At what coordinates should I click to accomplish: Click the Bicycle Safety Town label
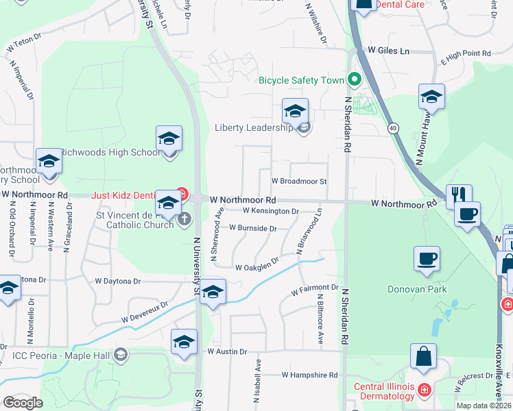coord(300,80)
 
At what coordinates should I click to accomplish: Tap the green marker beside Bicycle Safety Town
coord(355,79)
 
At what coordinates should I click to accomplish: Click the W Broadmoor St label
coord(299,182)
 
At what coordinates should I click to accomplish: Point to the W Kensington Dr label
coord(271,212)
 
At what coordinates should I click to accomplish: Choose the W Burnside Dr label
coord(252,227)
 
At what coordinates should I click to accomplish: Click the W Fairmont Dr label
coord(315,290)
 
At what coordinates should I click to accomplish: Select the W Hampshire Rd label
coord(310,375)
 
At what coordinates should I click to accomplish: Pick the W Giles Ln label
coord(388,51)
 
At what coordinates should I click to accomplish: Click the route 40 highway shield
coord(392,127)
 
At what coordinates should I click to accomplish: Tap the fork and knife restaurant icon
coord(458,195)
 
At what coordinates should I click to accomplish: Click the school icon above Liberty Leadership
coord(295,112)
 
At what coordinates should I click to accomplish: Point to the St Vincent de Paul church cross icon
coord(184,219)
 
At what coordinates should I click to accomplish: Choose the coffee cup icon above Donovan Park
coord(427,259)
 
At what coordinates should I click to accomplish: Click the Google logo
coord(23,403)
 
